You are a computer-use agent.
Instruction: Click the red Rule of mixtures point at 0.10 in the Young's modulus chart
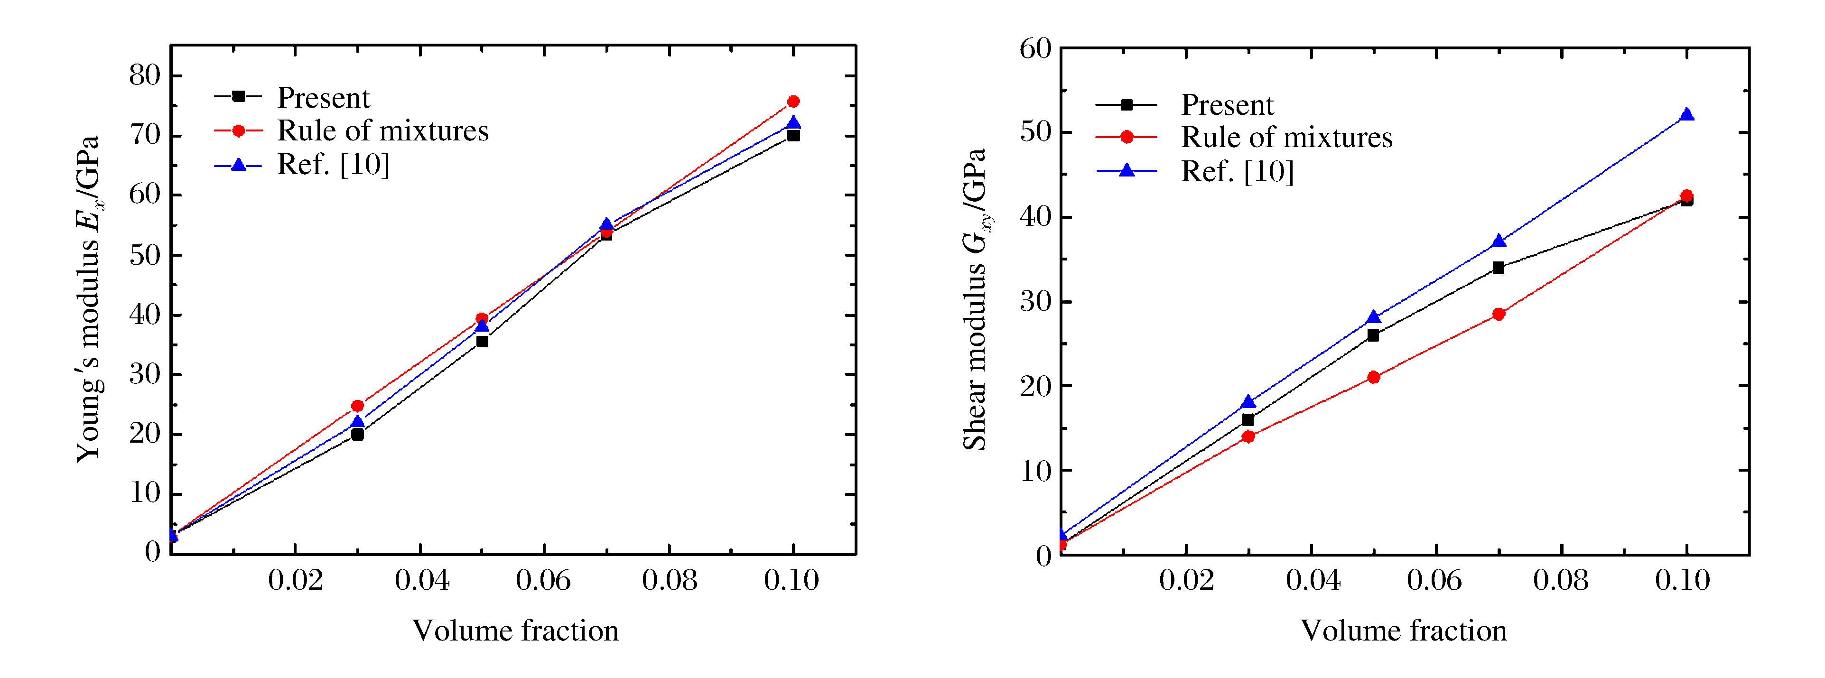coord(793,102)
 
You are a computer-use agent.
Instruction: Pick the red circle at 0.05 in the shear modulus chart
coord(1373,377)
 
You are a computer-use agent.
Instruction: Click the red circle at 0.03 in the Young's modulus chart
coord(357,406)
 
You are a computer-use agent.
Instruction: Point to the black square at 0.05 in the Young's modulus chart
coord(482,342)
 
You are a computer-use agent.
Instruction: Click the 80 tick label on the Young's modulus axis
coord(145,75)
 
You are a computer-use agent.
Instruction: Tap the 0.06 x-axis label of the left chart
coord(543,581)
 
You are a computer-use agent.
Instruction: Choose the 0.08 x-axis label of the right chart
coord(1561,581)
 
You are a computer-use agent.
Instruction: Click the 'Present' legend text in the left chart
coord(323,98)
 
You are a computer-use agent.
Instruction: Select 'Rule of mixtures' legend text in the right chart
coord(1286,138)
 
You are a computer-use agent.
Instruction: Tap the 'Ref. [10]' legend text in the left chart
coord(333,164)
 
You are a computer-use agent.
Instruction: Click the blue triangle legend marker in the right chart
coord(1127,171)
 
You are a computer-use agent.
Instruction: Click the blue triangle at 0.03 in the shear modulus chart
coord(1248,402)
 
